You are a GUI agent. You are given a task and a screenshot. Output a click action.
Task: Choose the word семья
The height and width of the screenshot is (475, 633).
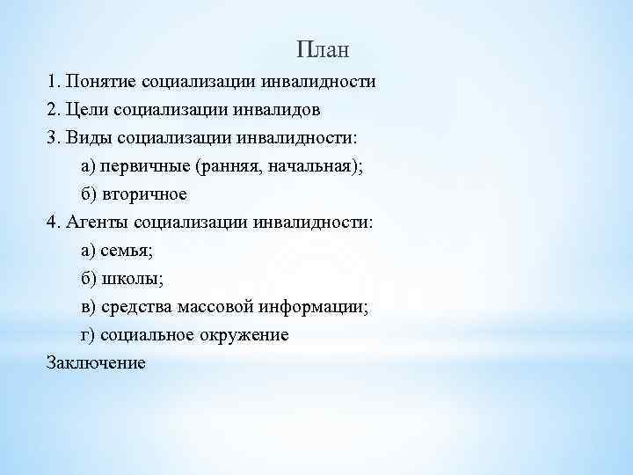click(x=126, y=251)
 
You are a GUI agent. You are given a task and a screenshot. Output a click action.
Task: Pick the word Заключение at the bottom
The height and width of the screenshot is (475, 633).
click(x=96, y=362)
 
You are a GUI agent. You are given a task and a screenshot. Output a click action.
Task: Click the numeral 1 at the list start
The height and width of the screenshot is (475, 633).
click(x=52, y=83)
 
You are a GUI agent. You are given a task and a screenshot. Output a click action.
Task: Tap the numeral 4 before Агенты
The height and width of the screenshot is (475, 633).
click(x=52, y=223)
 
